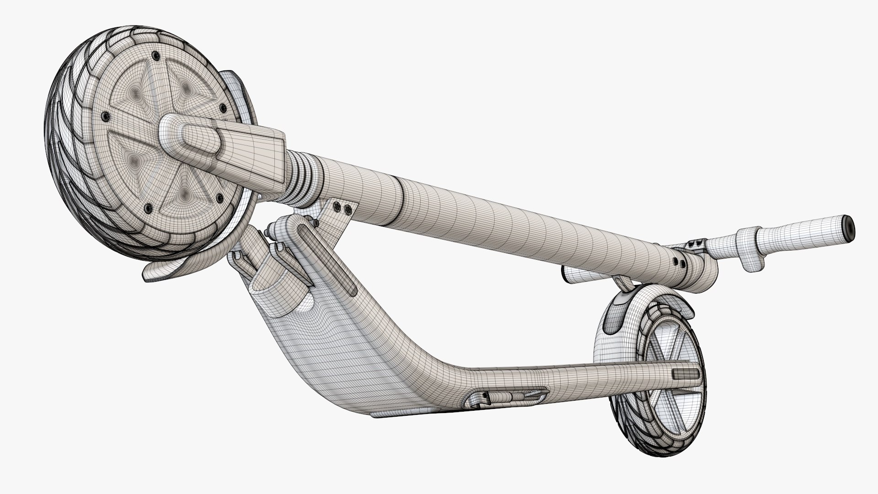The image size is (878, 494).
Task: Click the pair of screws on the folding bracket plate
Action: click(x=343, y=209)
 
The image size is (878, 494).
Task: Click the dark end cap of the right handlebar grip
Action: click(x=850, y=227)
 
